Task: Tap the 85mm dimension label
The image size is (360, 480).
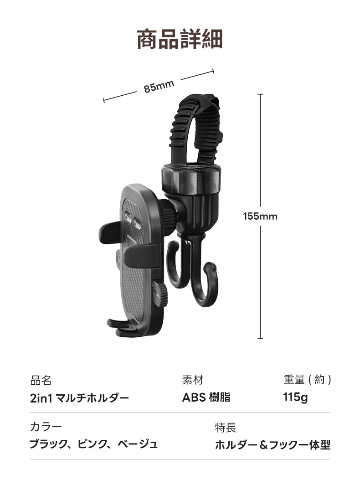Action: pos(159,86)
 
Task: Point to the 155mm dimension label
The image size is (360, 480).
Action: pos(260,216)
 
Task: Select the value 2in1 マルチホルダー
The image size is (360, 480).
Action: pos(79,398)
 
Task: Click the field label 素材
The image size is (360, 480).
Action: pos(192,380)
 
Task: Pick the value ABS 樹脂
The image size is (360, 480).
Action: pos(206,397)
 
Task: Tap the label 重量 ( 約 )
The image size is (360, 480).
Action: pos(307,380)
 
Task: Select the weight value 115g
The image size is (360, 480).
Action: pos(295,397)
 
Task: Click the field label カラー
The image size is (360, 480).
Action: pos(46,427)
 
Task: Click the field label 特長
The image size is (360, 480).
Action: pos(226,427)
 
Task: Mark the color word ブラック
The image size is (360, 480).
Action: pos(47,444)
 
